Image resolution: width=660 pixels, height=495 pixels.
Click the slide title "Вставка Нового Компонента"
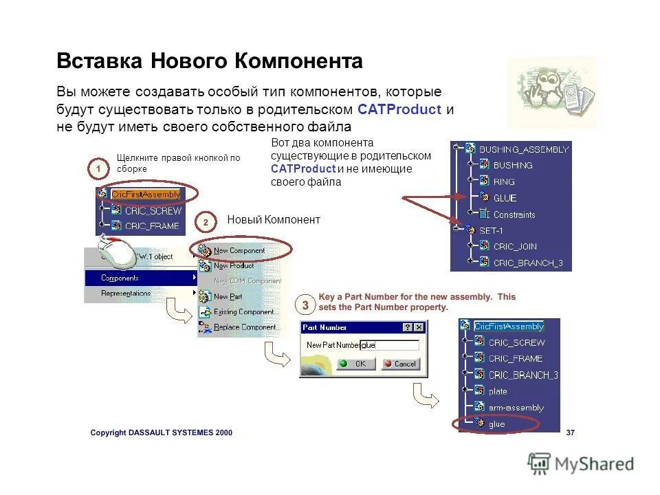point(209,62)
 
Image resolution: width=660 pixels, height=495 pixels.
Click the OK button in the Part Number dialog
point(355,364)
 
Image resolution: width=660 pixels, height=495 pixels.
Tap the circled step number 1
point(98,168)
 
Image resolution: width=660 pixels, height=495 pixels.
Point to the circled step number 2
point(206,223)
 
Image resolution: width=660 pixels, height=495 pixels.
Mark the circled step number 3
point(305,304)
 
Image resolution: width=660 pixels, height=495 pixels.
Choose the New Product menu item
point(234,266)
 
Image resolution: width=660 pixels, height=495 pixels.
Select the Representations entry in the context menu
point(126,294)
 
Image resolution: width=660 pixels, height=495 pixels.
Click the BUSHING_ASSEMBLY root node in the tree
point(523,149)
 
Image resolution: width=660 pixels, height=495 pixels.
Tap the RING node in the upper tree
point(503,182)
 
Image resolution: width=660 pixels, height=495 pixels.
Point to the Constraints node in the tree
point(514,214)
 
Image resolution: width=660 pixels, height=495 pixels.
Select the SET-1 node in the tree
point(491,230)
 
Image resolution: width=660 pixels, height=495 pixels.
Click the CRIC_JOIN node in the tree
point(515,247)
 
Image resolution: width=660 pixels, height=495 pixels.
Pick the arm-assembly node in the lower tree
point(516,408)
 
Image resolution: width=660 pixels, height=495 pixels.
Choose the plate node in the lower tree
point(498,391)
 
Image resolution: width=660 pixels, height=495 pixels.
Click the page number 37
point(570,433)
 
